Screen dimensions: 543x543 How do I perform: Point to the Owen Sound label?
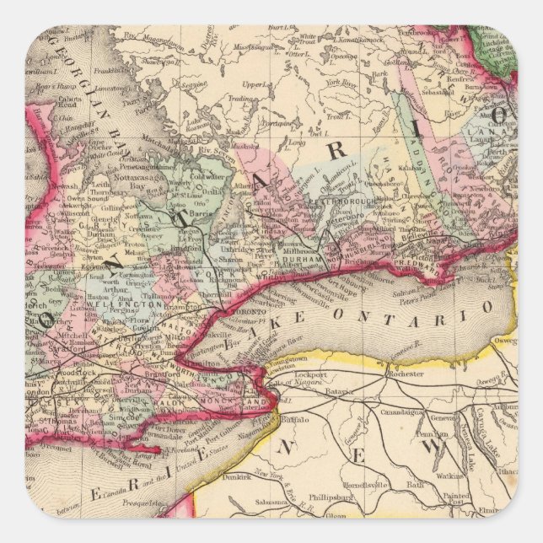[x=62, y=180]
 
